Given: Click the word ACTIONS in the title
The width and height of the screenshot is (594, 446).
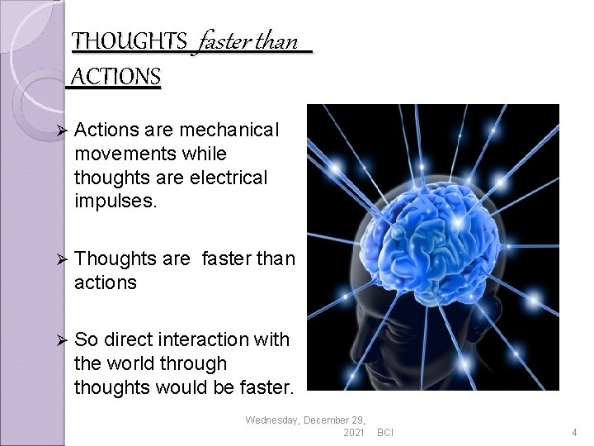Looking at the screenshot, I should pos(116,77).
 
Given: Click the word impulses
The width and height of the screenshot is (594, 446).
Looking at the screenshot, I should pos(110,200).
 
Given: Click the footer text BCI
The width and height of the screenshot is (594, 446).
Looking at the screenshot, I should pos(384,432).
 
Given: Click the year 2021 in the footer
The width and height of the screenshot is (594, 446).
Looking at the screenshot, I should pos(352,432).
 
